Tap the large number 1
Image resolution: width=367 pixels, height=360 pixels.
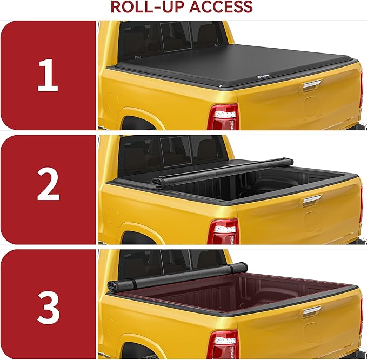pyautogui.click(x=48, y=75)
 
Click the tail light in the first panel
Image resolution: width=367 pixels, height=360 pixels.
pyautogui.click(x=223, y=116)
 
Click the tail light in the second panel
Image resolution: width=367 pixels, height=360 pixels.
pyautogui.click(x=223, y=231)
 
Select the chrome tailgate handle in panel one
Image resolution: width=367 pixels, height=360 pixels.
pyautogui.click(x=312, y=85)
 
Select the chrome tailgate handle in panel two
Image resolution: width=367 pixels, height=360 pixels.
pyautogui.click(x=312, y=199)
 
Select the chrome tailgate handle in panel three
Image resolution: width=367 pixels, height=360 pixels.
pyautogui.click(x=312, y=312)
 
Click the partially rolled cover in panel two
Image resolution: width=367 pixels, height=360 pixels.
pyautogui.click(x=222, y=171)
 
